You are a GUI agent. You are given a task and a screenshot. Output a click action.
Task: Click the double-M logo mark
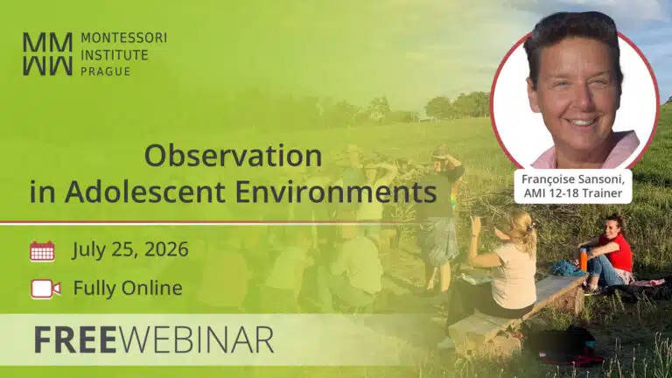[47, 54]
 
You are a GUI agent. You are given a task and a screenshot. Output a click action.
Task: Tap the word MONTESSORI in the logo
[124, 38]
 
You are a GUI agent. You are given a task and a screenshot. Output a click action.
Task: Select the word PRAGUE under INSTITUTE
[105, 71]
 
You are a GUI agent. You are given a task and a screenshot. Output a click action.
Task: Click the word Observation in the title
[233, 156]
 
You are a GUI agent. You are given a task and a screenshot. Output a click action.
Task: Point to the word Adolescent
[145, 192]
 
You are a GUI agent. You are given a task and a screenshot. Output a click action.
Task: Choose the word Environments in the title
[336, 192]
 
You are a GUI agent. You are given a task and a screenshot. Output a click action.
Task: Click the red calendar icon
[42, 251]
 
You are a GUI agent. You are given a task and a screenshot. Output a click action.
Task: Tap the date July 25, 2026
[130, 250]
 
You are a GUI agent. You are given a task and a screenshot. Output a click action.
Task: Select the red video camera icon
[45, 289]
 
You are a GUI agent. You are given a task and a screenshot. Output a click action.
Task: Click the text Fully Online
[128, 288]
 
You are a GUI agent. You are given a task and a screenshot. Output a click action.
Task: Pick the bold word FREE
[75, 339]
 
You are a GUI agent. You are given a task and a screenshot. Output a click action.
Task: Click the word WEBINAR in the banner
[196, 339]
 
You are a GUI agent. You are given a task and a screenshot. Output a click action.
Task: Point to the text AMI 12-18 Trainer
[573, 193]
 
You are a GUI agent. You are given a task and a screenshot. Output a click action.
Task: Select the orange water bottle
[583, 258]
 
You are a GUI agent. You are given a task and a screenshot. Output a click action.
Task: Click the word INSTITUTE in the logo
[115, 55]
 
